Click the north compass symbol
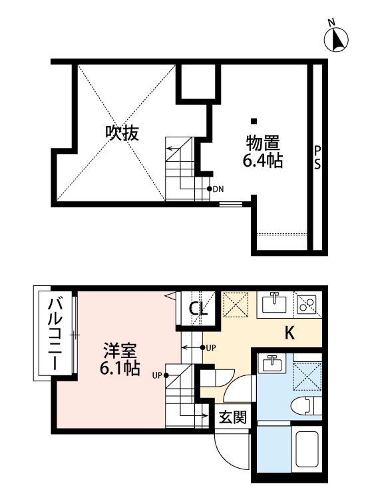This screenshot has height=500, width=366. pyautogui.click(x=337, y=39)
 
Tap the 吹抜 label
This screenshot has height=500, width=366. pyautogui.click(x=122, y=133)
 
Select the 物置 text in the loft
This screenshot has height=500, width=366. pyautogui.click(x=262, y=143)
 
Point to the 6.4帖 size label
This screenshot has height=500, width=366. pyautogui.click(x=262, y=161)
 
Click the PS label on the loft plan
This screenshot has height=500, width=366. pyautogui.click(x=318, y=157)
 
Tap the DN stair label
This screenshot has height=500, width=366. pyautogui.click(x=218, y=189)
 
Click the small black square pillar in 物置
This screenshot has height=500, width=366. pyautogui.click(x=254, y=121)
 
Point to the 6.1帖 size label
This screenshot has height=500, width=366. pyautogui.click(x=120, y=368)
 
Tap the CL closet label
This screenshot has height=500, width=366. pyautogui.click(x=198, y=309)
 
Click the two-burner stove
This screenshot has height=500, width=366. pyautogui.click(x=308, y=305)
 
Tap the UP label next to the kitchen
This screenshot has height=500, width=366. pyautogui.click(x=211, y=348)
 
